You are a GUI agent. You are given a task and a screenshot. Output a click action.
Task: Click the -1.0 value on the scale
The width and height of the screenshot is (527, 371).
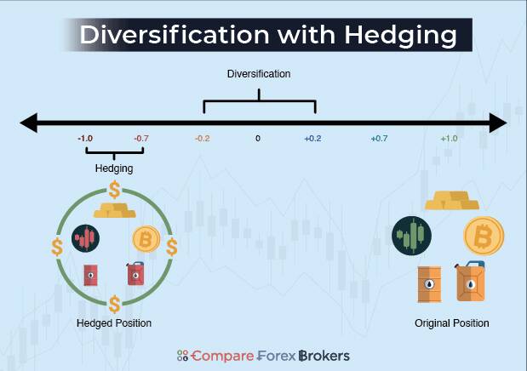[85, 138]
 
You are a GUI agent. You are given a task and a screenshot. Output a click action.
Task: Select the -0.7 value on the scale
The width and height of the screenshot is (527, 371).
[140, 138]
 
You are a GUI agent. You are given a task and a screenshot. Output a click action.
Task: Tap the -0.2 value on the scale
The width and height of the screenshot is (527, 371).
[202, 138]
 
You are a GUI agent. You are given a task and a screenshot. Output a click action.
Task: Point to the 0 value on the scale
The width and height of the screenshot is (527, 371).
[258, 138]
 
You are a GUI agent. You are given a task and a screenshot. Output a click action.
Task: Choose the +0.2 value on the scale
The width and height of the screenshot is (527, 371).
[313, 138]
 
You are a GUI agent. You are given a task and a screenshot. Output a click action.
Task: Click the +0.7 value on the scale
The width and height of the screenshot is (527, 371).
[380, 138]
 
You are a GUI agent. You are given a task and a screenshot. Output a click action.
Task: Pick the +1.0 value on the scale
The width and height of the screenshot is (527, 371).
[449, 138]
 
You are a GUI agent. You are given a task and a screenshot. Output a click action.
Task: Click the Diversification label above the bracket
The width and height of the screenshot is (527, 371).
[259, 74]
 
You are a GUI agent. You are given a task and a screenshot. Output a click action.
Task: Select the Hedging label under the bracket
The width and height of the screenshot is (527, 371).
[113, 168]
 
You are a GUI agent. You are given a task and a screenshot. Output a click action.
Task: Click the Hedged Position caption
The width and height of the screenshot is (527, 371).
[114, 323]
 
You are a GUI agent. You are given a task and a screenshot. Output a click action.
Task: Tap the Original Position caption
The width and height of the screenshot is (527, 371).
[452, 323]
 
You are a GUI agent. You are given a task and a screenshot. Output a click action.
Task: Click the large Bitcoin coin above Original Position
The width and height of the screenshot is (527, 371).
[484, 236]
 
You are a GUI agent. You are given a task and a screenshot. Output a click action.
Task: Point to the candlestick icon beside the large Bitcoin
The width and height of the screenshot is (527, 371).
[412, 235]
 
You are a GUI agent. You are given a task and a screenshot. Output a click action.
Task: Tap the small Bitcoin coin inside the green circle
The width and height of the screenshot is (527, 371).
[145, 240]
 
